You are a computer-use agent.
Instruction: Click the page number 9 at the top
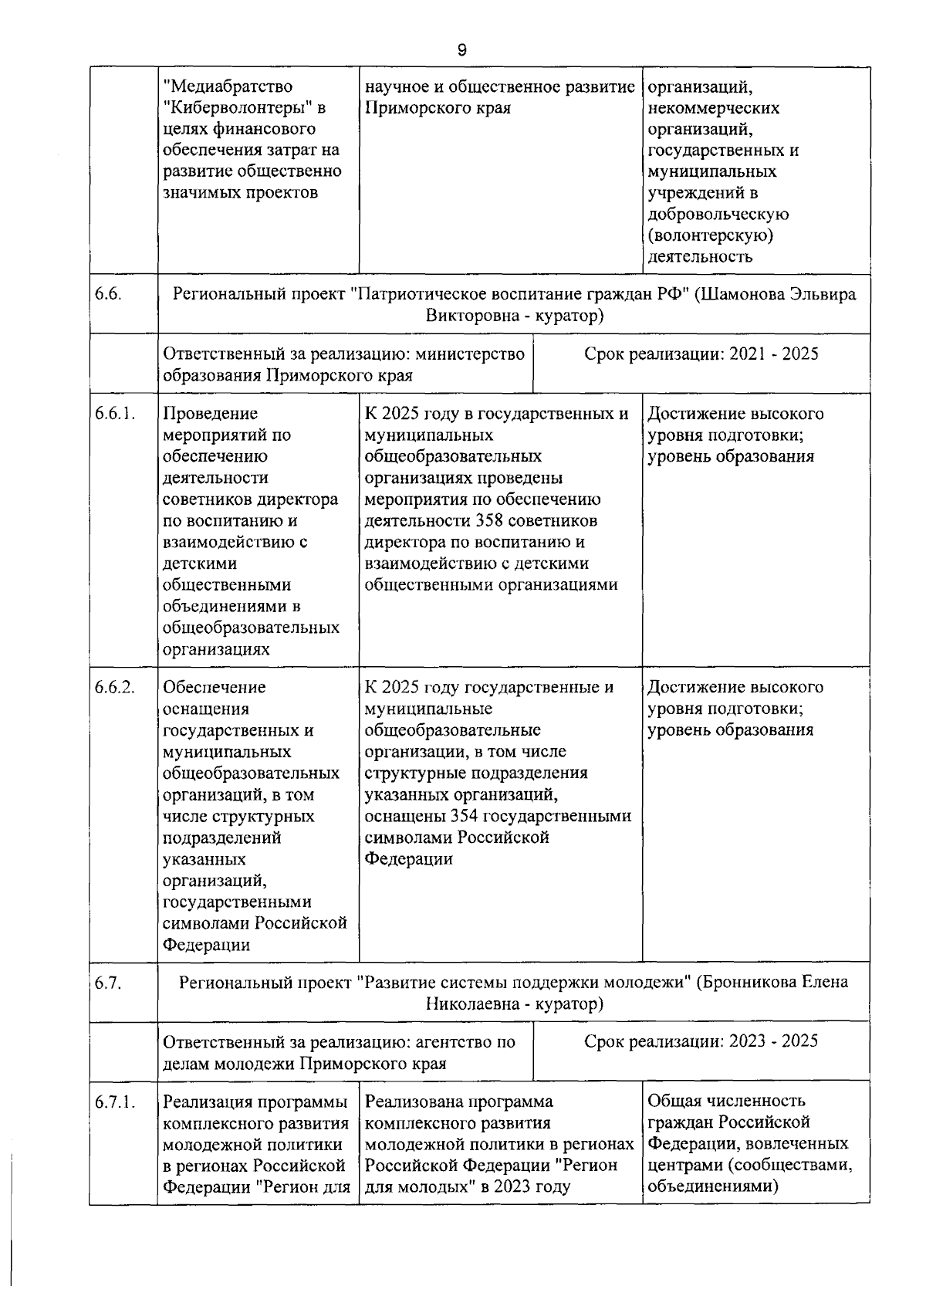[x=461, y=51]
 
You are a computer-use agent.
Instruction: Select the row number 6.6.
[x=107, y=294]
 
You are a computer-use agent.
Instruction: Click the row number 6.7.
[x=107, y=983]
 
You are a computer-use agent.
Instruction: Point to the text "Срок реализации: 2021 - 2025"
[x=701, y=354]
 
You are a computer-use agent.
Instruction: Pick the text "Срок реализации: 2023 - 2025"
[x=701, y=1041]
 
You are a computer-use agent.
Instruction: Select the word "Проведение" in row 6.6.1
[x=211, y=414]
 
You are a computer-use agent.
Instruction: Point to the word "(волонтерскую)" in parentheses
[x=710, y=235]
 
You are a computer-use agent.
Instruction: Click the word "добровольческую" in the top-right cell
[x=718, y=214]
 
